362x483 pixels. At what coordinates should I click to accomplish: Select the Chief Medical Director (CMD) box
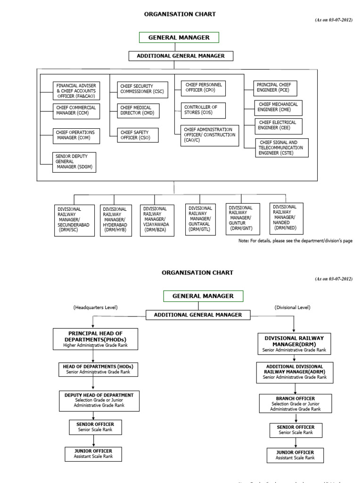(x=138, y=111)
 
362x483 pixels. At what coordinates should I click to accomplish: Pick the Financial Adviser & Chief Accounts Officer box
(x=76, y=91)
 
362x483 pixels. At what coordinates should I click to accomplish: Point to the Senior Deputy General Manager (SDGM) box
(x=74, y=162)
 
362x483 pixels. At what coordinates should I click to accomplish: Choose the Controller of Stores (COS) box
(x=203, y=110)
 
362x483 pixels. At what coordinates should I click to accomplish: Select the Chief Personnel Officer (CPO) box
(x=203, y=88)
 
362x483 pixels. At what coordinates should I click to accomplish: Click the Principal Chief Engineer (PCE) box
(x=276, y=87)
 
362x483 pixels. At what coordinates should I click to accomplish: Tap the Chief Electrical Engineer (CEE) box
(x=278, y=126)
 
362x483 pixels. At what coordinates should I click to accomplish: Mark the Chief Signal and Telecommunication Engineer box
(x=281, y=148)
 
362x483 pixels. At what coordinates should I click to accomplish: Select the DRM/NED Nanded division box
(x=286, y=218)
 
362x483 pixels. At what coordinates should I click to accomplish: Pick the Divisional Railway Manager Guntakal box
(x=200, y=219)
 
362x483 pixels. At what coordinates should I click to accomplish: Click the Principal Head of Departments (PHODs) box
(x=95, y=339)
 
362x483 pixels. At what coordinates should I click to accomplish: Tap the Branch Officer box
(x=295, y=403)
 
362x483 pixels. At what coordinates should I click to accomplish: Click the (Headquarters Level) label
(x=95, y=308)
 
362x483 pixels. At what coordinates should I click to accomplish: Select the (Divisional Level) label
(x=292, y=308)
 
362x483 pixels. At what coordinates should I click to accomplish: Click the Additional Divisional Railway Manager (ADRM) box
(x=294, y=372)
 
